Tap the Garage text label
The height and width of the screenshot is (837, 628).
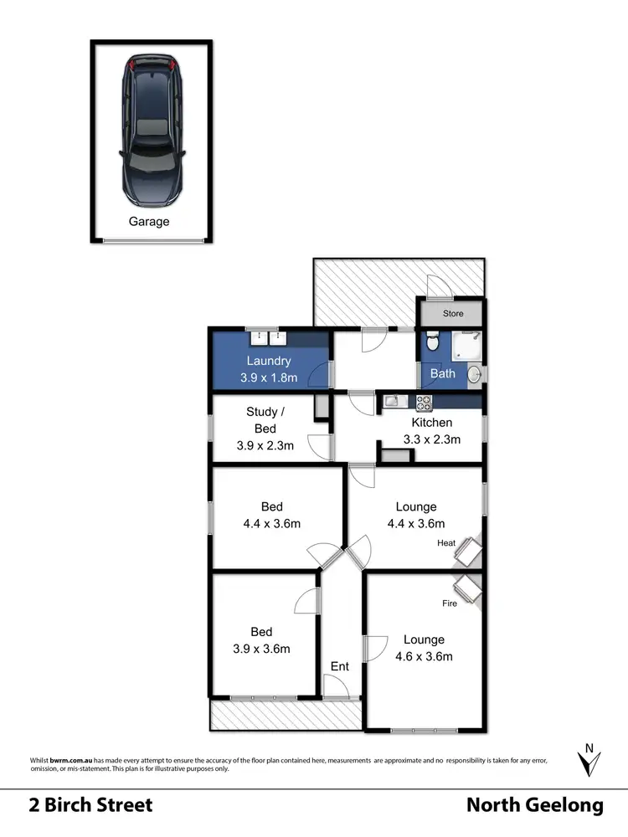coord(149,222)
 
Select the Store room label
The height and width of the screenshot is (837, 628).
coord(453,315)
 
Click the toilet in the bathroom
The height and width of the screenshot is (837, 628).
coord(431,342)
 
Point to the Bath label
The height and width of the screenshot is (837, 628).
coord(443,373)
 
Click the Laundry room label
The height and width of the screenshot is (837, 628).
coord(268,361)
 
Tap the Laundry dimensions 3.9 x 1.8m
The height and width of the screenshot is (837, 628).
coord(268,377)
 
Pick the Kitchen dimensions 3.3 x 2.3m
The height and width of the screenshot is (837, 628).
coord(432,439)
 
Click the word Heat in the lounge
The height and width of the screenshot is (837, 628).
coord(445,543)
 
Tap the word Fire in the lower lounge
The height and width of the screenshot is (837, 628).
coord(450,603)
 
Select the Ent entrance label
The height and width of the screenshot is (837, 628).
coord(340,666)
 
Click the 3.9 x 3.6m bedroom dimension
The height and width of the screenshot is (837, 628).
coord(261,649)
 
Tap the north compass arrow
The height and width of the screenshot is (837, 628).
coord(589,759)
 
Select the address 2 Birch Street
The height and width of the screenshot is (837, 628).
coord(91,805)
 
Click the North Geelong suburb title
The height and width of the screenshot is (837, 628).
coord(534,805)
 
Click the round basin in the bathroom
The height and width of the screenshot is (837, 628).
coord(474,375)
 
